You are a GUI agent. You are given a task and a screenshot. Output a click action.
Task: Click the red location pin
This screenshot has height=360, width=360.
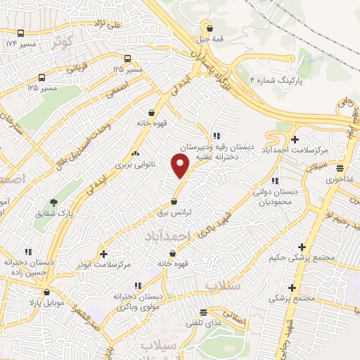click(181, 166)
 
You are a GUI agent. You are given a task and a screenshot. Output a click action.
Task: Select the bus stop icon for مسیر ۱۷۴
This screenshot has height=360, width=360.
click(20, 33)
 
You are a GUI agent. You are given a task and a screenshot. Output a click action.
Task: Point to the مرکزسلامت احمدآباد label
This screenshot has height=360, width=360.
click(295, 150)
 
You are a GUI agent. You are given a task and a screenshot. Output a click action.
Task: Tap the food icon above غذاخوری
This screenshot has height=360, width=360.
click(340, 168)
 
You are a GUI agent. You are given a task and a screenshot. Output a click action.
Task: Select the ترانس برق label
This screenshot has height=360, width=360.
click(174, 210)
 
